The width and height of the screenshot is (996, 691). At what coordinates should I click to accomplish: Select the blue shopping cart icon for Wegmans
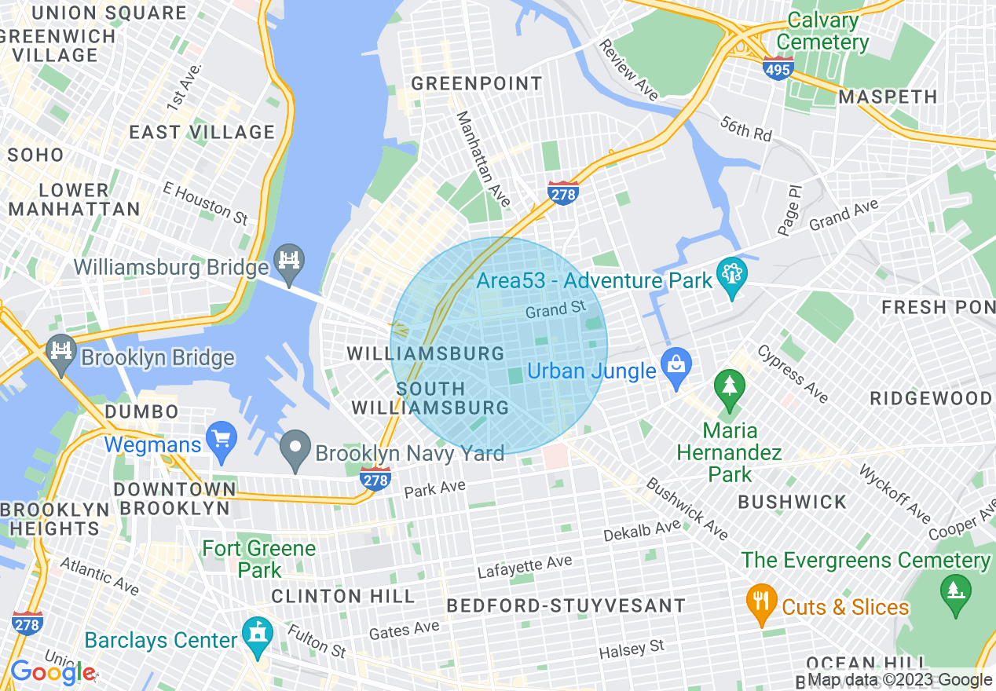(221, 440)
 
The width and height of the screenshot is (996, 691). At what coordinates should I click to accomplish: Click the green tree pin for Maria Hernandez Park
(730, 387)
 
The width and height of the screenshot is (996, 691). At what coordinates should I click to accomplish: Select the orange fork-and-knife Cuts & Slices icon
(760, 601)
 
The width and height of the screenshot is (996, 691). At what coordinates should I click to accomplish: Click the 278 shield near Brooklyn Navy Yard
(375, 477)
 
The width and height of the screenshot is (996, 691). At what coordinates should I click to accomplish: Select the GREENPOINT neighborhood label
(477, 83)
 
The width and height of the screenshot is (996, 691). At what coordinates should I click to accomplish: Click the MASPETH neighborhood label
(888, 97)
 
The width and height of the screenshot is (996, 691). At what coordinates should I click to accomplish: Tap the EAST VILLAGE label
(202, 132)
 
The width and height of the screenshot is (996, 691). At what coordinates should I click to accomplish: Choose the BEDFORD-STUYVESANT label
(566, 605)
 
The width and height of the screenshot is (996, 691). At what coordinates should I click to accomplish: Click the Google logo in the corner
(53, 672)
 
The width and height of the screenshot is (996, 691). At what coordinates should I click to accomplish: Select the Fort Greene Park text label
(259, 558)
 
